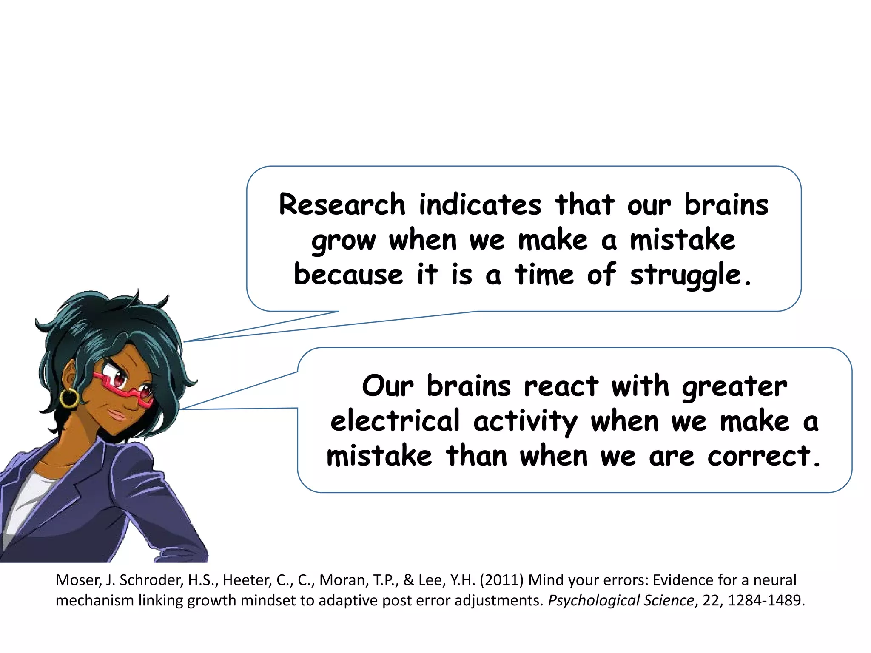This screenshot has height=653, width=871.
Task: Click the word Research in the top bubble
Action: [x=342, y=205]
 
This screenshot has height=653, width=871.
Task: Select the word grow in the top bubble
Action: [x=344, y=241]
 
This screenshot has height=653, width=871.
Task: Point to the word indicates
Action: [x=480, y=205]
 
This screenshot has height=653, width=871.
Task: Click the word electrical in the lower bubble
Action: [x=395, y=421]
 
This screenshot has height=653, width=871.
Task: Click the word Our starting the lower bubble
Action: [x=387, y=386]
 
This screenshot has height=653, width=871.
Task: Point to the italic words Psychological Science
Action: [x=621, y=601]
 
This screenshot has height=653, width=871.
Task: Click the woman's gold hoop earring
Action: [x=69, y=398]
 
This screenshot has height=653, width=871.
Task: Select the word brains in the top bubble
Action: [x=726, y=205]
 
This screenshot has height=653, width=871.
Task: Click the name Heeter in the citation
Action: [x=247, y=580]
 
